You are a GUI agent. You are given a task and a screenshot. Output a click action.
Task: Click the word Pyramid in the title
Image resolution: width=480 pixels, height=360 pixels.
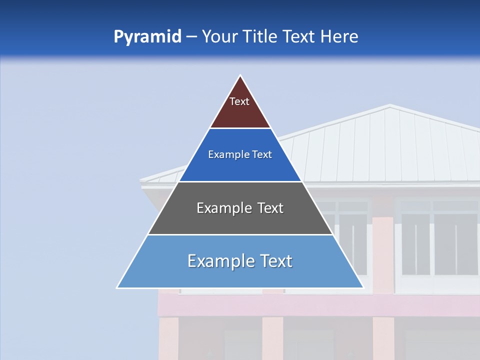(x=147, y=37)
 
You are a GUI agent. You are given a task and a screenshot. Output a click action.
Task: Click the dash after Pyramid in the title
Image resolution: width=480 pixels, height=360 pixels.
(x=191, y=37)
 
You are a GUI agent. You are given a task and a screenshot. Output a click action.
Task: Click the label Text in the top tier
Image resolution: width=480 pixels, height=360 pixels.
(x=239, y=101)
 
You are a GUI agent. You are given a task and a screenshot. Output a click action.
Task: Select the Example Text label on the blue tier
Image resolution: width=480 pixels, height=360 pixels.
(x=240, y=154)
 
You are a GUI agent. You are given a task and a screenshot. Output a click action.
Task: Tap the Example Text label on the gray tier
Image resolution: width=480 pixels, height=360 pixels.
(x=240, y=208)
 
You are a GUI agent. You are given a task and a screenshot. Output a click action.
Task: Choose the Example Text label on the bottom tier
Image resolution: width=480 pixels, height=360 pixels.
(x=240, y=261)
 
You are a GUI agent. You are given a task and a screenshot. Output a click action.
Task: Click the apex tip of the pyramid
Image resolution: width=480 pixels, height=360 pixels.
(x=240, y=76)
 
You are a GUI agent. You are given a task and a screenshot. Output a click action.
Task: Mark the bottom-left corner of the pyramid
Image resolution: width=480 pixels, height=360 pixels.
(x=117, y=287)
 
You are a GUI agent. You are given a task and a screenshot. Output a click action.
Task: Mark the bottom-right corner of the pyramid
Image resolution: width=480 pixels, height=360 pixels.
(x=363, y=287)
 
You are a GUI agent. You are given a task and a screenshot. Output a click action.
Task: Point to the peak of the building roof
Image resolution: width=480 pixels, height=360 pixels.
(x=389, y=105)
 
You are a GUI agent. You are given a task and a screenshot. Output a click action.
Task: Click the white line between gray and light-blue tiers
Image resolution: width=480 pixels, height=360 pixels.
(x=240, y=234)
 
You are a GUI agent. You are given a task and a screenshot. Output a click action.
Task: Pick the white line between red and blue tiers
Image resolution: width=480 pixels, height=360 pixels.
(x=240, y=128)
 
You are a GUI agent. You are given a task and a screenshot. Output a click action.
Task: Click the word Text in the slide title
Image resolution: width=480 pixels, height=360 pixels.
(x=298, y=36)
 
